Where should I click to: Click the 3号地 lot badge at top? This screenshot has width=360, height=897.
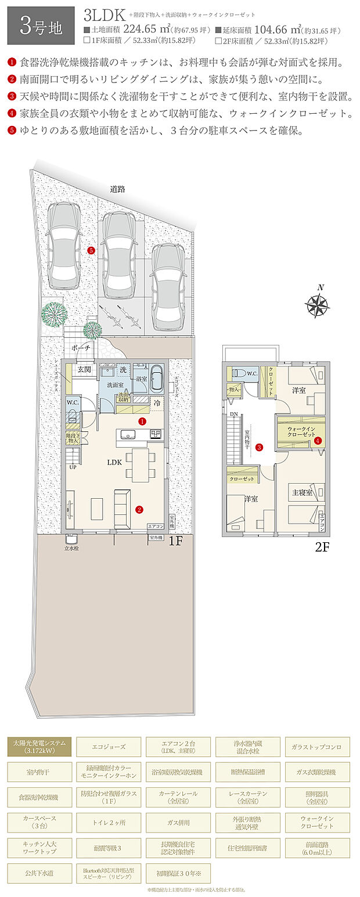(x=41, y=26)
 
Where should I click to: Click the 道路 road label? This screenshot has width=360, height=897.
(x=118, y=189)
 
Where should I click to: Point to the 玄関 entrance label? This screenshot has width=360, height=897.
(x=84, y=369)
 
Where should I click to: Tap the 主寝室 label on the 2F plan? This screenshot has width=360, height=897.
(x=302, y=492)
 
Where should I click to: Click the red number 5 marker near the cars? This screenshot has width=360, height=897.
(x=91, y=250)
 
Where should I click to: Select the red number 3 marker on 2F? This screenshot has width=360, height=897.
(x=259, y=447)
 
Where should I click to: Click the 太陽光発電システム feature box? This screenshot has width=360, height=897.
(x=39, y=746)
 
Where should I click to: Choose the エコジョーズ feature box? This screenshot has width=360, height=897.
(x=109, y=746)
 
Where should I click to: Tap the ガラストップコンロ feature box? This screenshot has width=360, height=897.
(x=318, y=746)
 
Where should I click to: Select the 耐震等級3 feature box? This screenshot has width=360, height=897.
(x=109, y=848)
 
